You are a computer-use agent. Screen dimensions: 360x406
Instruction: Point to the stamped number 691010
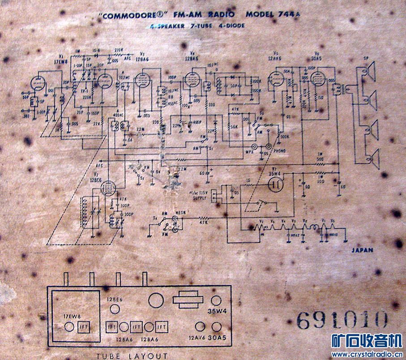[x=342, y=320]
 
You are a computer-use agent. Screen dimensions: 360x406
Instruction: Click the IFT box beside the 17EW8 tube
[x=84, y=327]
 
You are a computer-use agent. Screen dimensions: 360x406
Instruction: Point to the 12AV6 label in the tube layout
[x=197, y=339]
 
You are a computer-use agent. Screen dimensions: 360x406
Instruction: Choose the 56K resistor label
[x=234, y=126]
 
